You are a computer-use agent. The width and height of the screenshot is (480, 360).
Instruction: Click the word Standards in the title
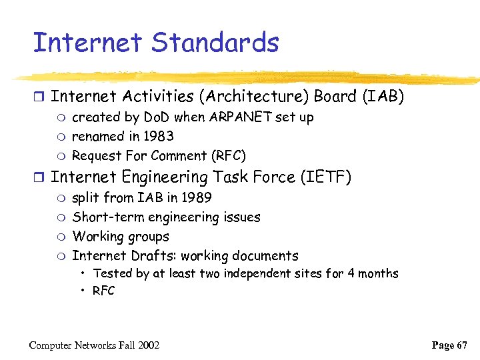215,43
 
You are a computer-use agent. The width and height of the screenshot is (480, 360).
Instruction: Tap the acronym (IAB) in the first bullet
383,97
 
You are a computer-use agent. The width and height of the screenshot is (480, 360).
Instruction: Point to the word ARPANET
239,117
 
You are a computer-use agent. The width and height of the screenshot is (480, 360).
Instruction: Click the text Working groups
121,237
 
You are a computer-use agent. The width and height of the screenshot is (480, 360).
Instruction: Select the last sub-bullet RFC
104,291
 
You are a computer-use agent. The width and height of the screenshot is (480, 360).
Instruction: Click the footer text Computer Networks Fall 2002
94,345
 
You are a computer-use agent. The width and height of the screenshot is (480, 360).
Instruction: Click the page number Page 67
449,345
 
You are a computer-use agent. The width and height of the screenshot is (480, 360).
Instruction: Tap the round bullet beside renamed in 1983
61,137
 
